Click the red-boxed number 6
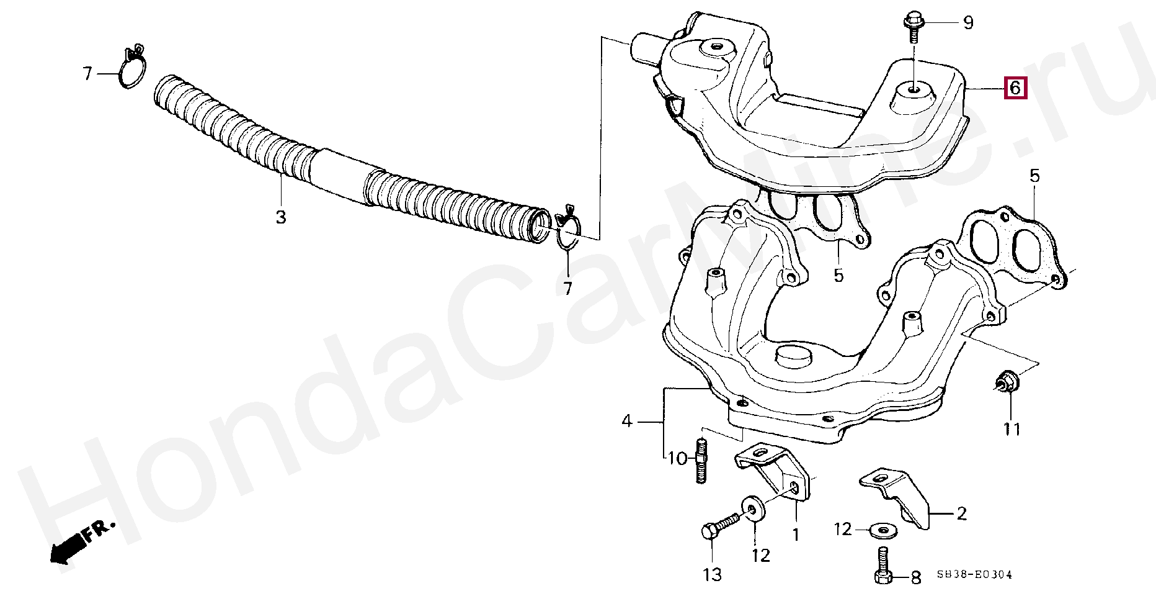1015,88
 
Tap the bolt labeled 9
914,26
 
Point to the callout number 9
968,23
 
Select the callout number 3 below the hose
281,217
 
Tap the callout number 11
1012,428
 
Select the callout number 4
627,421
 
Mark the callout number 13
713,575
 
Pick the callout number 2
961,513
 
